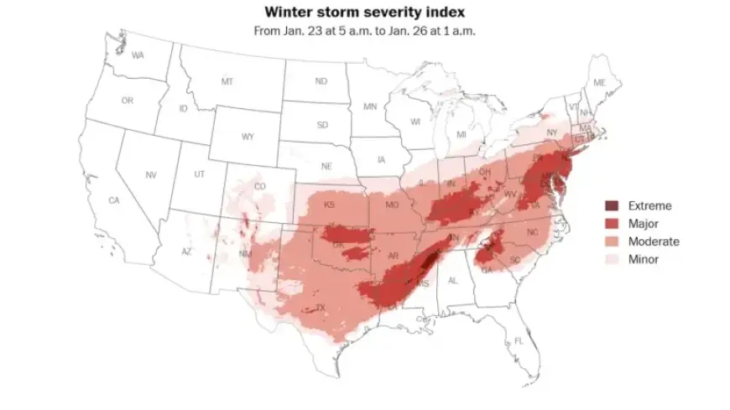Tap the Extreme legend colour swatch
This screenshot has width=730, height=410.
[613, 205]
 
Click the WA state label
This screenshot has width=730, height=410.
[138, 54]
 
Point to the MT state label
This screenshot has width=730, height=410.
[227, 81]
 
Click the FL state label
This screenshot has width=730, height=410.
[519, 340]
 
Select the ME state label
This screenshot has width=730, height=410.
[599, 82]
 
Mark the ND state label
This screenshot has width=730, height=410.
[321, 81]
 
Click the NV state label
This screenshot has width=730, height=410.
[151, 174]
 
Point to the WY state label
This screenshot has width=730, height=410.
[248, 136]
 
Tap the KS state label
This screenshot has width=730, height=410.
[330, 205]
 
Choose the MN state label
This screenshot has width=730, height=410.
[370, 106]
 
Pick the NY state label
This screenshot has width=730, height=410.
[551, 132]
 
